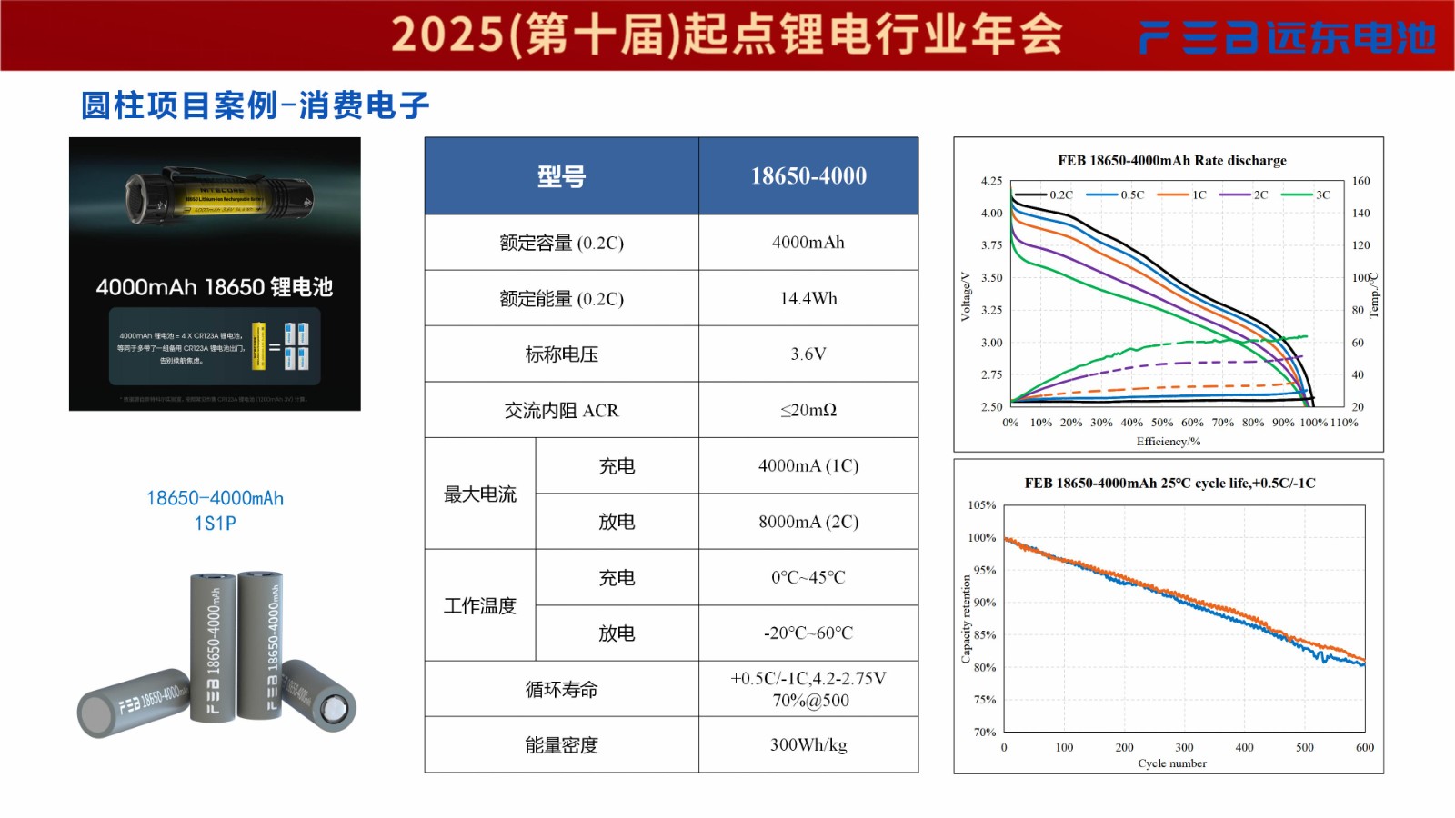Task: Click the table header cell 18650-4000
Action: click(808, 176)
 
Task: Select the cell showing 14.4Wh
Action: click(808, 298)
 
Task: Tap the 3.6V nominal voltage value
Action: click(808, 354)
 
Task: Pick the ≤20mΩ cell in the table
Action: click(808, 410)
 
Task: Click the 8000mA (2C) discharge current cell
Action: click(808, 522)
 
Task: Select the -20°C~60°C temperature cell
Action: click(808, 633)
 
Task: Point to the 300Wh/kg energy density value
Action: click(808, 745)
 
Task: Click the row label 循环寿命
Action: click(561, 690)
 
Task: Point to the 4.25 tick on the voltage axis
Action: click(991, 181)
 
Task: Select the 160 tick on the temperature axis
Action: click(1360, 181)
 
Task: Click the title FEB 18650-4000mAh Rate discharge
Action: click(1172, 161)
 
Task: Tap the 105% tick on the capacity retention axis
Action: click(982, 505)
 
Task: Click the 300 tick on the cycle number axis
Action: click(1184, 747)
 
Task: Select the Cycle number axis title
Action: click(1172, 763)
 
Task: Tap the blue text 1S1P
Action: click(215, 524)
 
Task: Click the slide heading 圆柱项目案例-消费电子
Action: click(255, 105)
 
